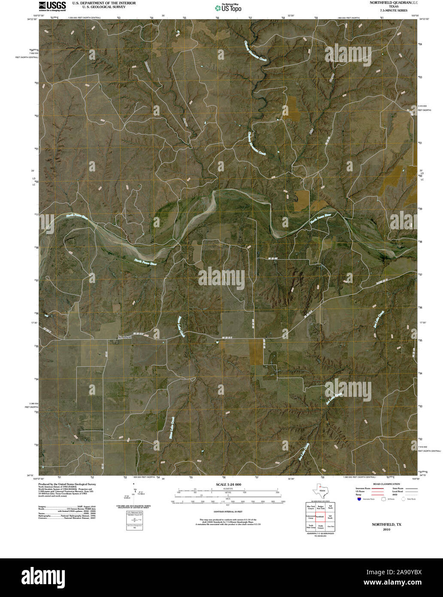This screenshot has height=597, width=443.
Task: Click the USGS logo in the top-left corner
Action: (52, 6)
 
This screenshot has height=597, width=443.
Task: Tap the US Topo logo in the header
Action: (228, 7)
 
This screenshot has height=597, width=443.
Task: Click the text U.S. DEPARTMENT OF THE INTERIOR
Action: (104, 3)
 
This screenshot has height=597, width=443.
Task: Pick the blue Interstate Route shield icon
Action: (358, 499)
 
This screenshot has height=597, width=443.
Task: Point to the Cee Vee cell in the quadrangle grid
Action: (330, 526)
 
